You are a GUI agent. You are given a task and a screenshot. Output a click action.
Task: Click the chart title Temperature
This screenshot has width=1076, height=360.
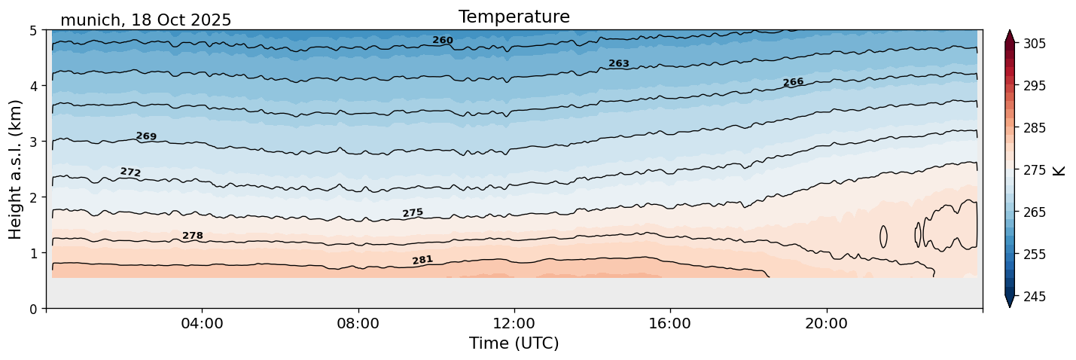pos(514,17)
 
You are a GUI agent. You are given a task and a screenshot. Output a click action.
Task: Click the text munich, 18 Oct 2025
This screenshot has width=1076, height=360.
pos(145,20)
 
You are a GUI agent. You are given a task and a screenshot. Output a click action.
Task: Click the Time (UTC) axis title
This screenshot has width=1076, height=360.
pos(514,343)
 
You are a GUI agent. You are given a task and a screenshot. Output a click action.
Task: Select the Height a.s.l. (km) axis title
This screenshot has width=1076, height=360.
pos(16,169)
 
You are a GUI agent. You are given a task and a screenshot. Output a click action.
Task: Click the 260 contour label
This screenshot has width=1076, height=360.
pos(443,40)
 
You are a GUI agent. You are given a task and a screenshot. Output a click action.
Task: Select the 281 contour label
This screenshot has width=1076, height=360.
pos(422,260)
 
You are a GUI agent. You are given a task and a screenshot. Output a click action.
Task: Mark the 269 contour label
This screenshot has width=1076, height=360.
pos(146,136)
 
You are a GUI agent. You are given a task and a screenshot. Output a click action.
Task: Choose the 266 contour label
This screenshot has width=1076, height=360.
pos(793,82)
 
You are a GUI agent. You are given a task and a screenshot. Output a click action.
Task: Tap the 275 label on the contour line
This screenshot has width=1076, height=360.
pos(413,213)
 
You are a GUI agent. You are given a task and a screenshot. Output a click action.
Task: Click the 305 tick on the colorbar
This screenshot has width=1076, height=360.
pos(1034,44)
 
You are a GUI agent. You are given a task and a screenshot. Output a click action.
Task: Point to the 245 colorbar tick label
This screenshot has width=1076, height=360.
pos(1034,297)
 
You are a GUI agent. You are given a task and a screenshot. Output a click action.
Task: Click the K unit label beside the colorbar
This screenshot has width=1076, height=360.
pos(1059,170)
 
